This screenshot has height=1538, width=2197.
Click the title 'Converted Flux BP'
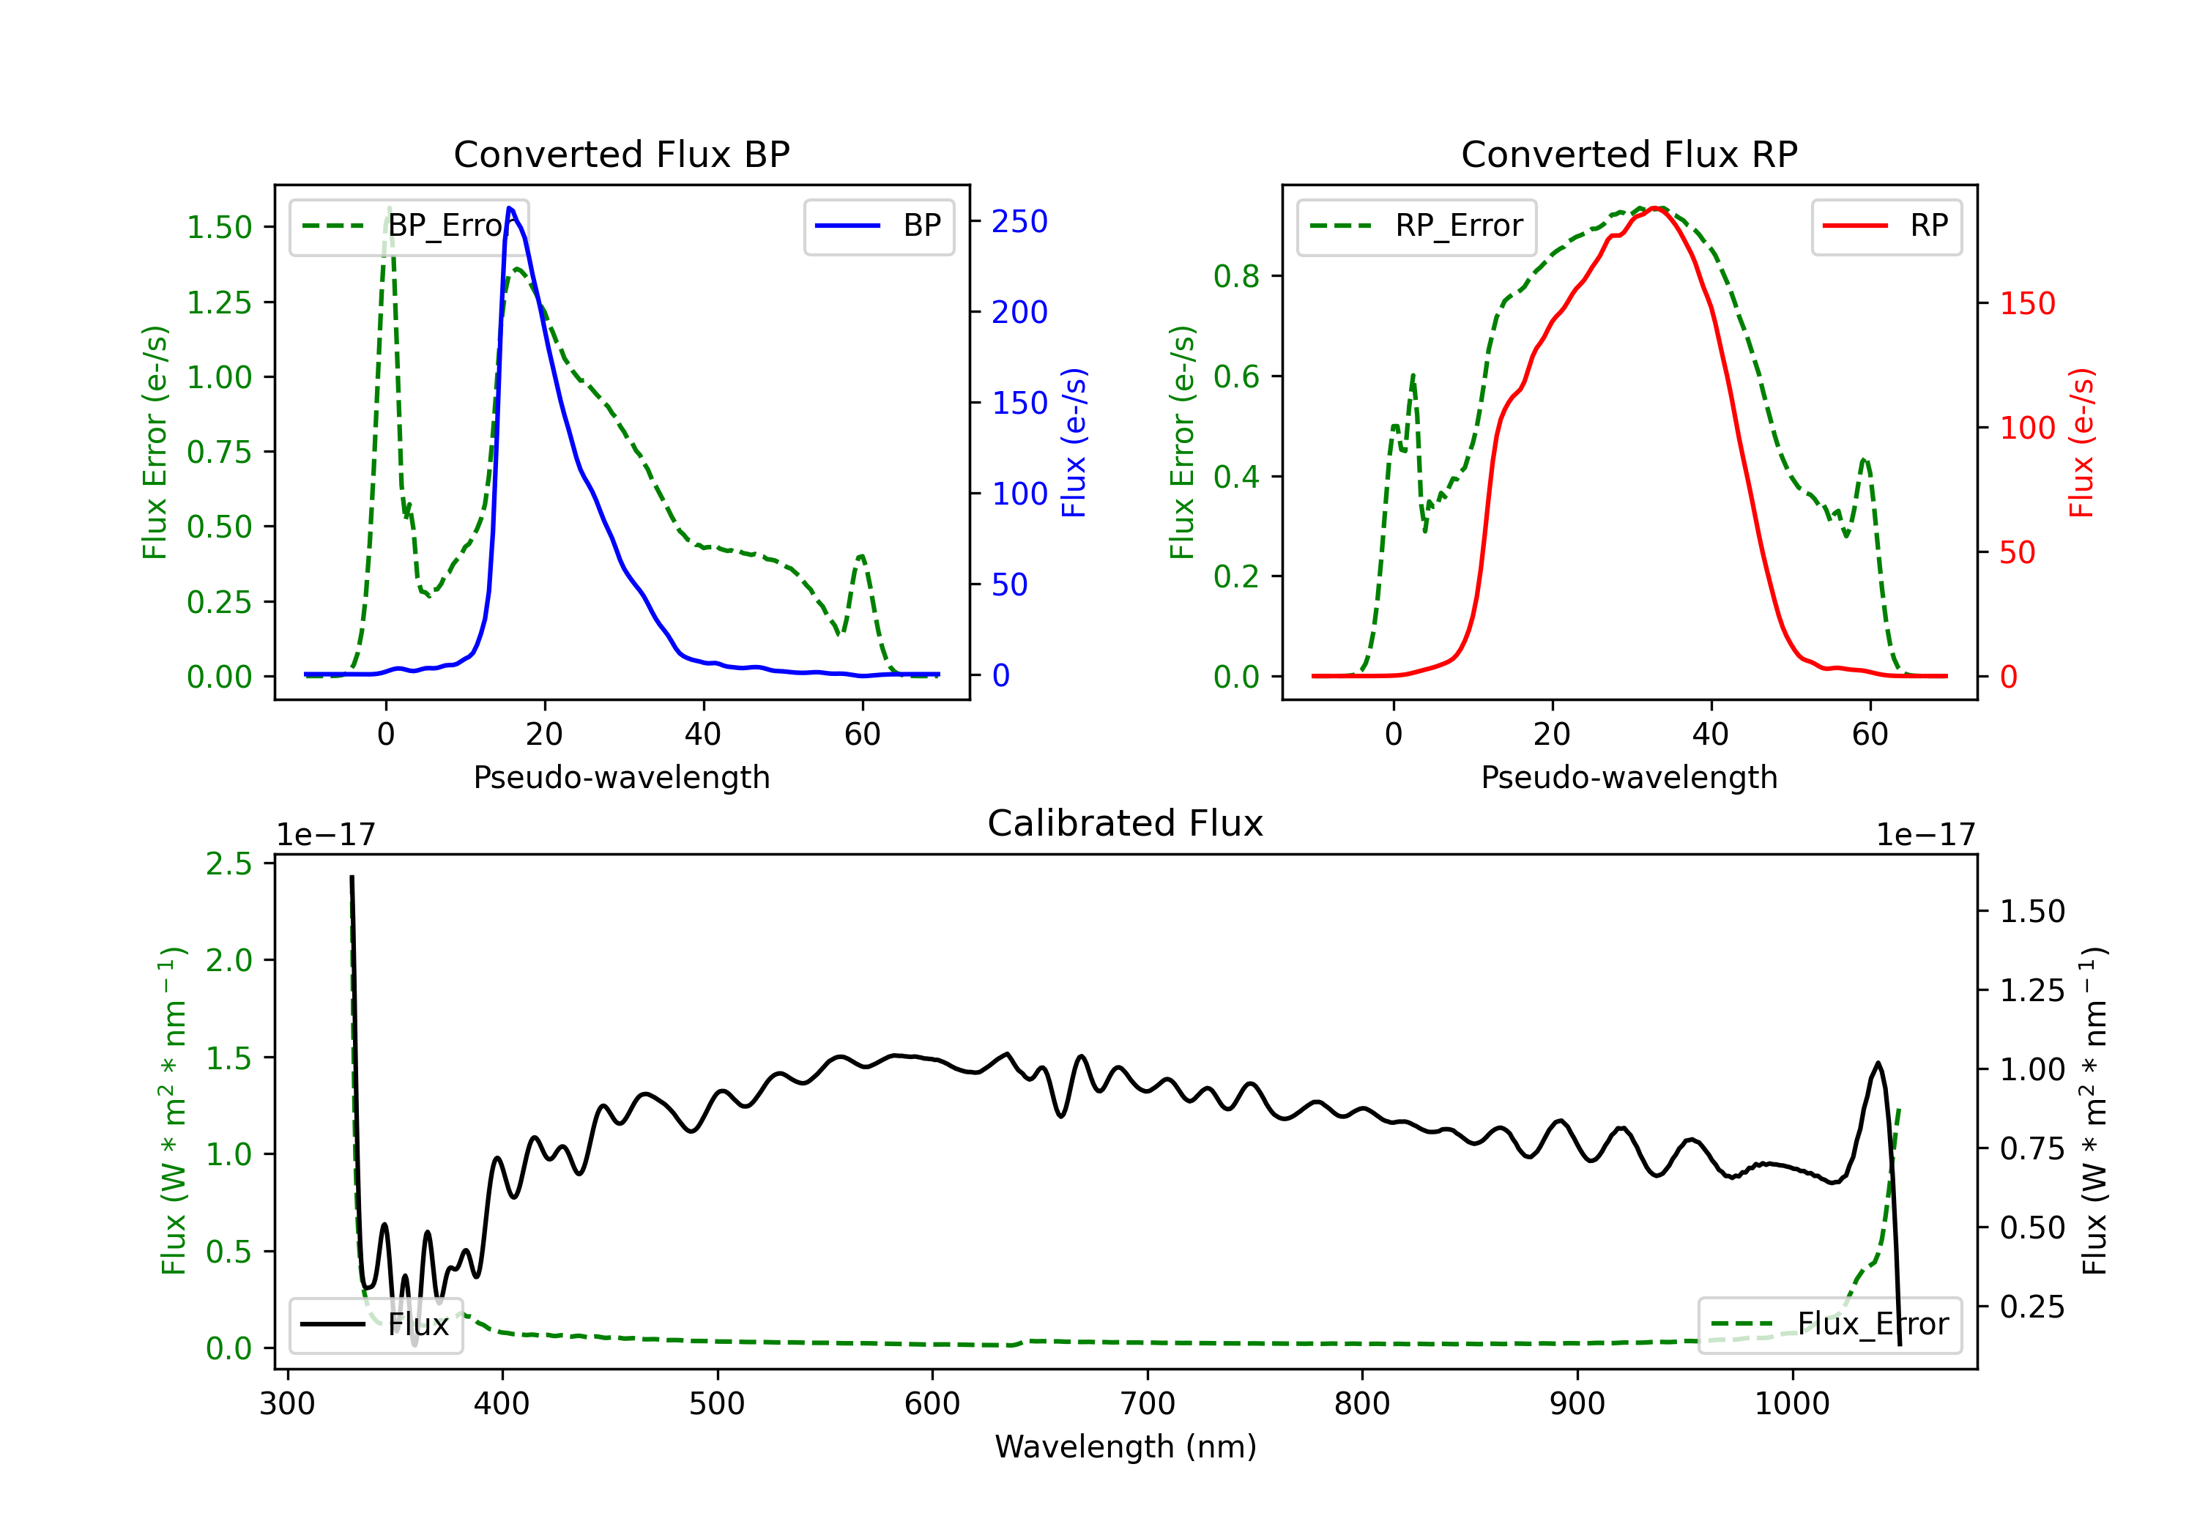[621, 154]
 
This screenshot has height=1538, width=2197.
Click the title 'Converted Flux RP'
[1629, 154]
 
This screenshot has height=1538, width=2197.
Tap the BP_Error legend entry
[409, 226]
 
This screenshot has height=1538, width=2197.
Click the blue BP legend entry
[878, 226]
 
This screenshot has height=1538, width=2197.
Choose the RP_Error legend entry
[1416, 226]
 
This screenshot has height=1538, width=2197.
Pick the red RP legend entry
[1886, 226]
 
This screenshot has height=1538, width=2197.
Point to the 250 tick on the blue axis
[1019, 222]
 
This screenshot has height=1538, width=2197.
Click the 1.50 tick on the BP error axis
[219, 228]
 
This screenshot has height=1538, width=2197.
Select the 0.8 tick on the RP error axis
[1236, 277]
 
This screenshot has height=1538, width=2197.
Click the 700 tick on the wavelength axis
[1148, 1403]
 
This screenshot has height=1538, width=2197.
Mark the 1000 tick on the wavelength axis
[1791, 1403]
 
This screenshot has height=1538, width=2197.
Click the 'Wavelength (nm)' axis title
[1126, 1446]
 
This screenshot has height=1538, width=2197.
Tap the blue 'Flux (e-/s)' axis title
[1074, 442]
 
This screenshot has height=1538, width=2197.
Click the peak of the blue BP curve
[510, 208]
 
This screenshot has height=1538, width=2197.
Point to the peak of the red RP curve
[1655, 208]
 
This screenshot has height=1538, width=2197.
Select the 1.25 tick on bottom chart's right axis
[2032, 991]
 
